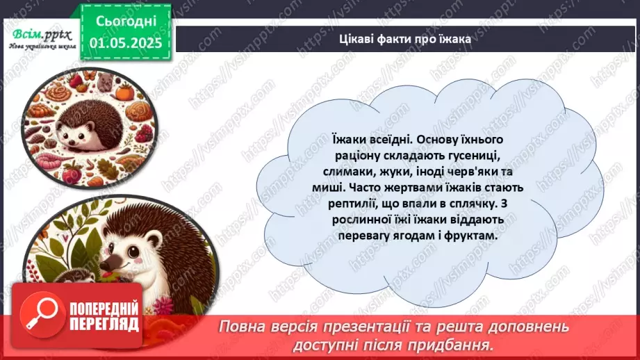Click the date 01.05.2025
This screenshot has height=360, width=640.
(125, 43)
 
